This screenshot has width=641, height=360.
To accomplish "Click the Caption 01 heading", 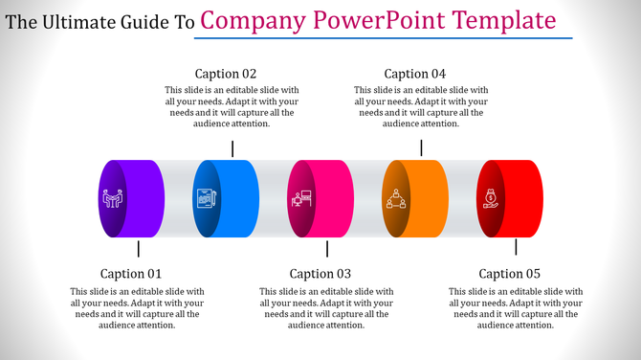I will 132,274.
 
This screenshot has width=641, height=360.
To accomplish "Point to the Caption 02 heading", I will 226,73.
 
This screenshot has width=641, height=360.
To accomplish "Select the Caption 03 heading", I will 321,274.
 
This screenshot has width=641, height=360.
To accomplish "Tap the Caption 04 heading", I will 415,73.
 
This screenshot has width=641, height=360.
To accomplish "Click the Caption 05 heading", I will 510,274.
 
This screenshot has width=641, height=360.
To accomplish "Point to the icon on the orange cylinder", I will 396,199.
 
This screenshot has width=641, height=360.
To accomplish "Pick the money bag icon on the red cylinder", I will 490,199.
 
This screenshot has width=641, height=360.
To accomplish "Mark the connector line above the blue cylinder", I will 232,147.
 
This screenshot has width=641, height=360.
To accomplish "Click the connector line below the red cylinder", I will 516,248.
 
